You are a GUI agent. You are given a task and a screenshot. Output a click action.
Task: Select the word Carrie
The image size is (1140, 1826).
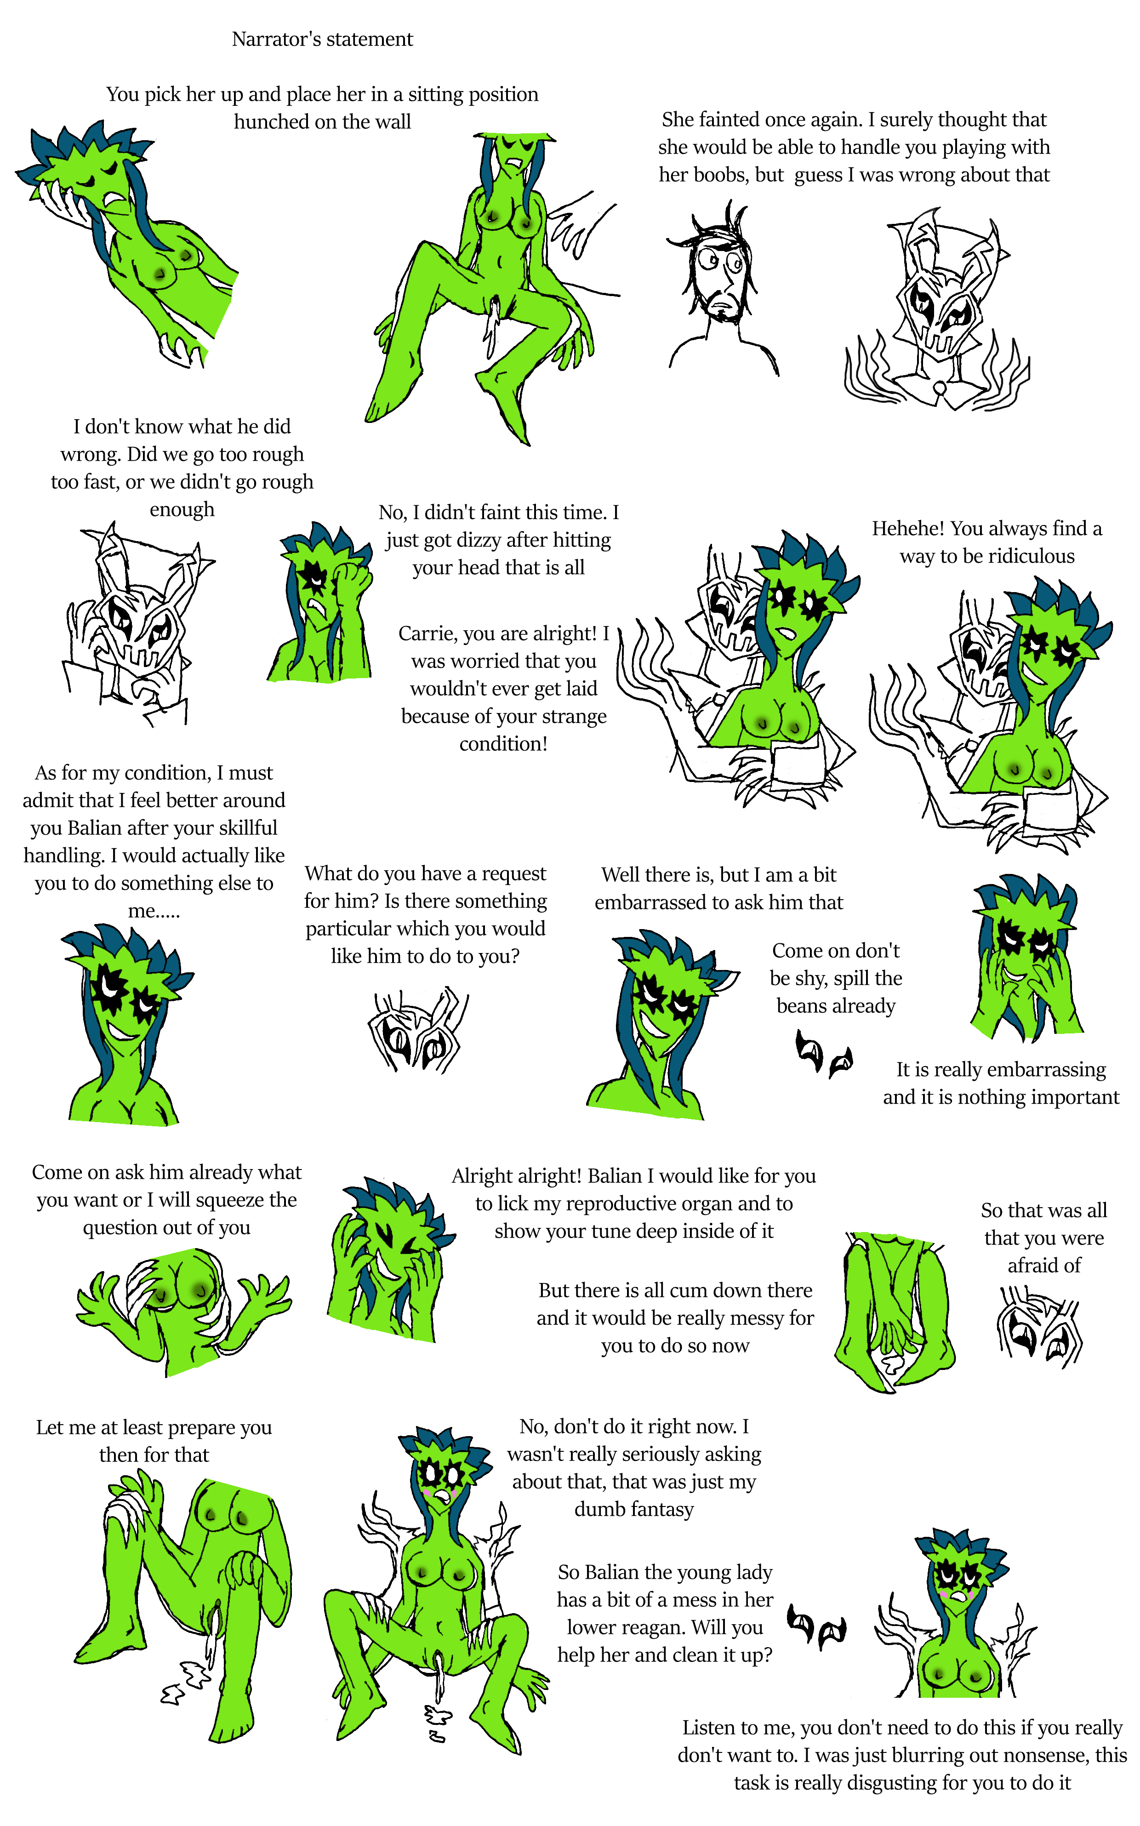click(x=424, y=633)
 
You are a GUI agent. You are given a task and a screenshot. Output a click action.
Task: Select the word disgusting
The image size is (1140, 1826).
click(x=892, y=1783)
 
